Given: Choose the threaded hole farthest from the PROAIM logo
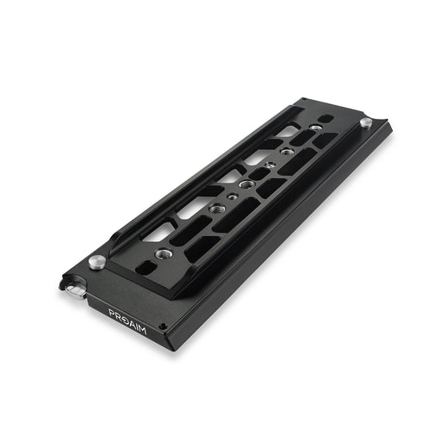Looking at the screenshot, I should point(316,127).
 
